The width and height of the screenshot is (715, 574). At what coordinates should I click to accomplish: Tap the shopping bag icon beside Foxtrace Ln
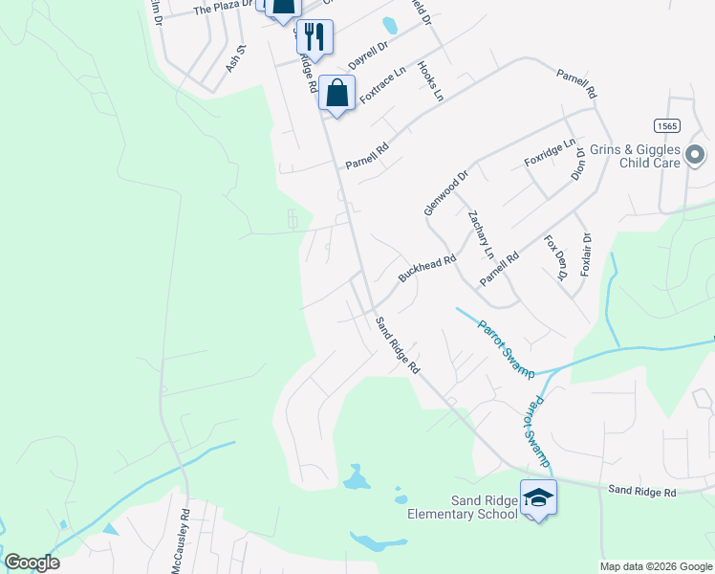pyautogui.click(x=336, y=94)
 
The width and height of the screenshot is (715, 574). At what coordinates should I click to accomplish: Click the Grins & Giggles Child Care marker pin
pyautogui.click(x=695, y=154)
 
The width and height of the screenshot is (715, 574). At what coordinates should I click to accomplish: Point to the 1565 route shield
pyautogui.click(x=667, y=125)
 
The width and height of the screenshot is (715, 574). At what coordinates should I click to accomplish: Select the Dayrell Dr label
pyautogui.click(x=369, y=54)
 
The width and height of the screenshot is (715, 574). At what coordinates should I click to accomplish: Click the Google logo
pyautogui.click(x=32, y=563)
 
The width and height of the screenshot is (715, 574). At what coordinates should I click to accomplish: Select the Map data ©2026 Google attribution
pyautogui.click(x=656, y=566)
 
